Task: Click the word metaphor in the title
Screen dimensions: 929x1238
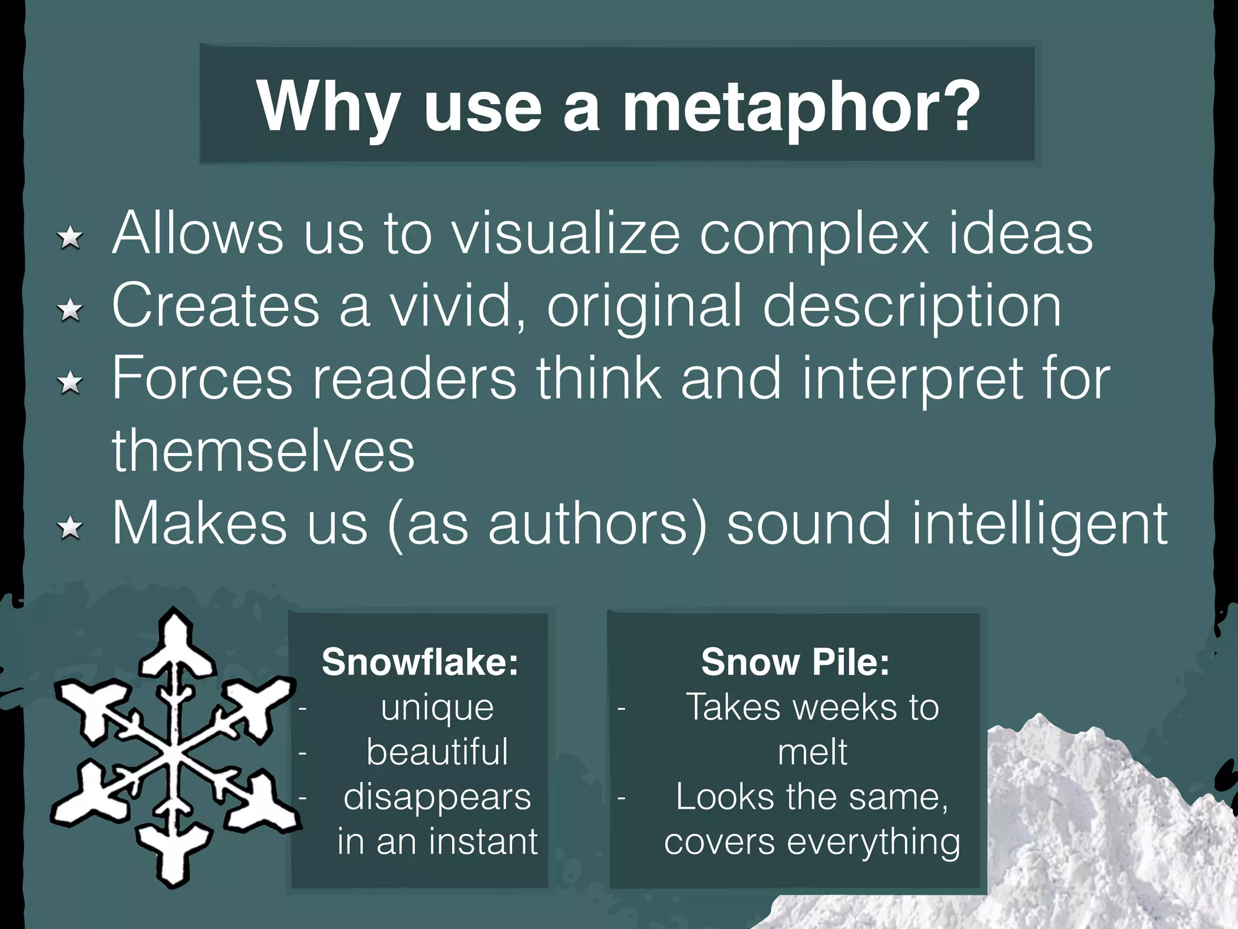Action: tap(802, 108)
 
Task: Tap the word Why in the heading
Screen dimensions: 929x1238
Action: tap(328, 108)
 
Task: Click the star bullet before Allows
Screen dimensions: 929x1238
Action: tap(71, 237)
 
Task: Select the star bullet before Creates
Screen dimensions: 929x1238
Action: tap(71, 310)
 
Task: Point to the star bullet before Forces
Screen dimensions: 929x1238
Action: tap(71, 382)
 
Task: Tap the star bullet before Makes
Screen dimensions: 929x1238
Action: tap(71, 528)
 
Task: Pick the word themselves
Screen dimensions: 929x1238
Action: tap(264, 451)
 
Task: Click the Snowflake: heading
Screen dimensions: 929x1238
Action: tap(420, 662)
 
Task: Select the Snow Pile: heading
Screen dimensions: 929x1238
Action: tap(795, 662)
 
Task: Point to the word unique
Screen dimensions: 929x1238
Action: tap(437, 707)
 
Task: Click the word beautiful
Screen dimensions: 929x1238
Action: tap(437, 752)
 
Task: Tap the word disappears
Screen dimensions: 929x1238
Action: tap(437, 798)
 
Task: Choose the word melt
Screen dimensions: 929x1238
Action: tap(812, 752)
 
